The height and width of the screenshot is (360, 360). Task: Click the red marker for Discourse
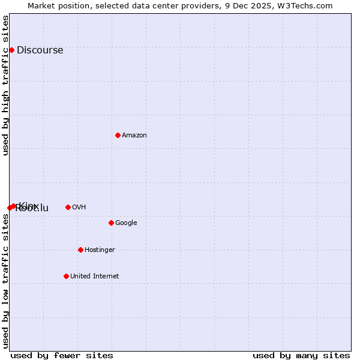tap(11, 50)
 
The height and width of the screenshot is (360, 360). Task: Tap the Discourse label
tap(40, 50)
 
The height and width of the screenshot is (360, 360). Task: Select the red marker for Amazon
tap(118, 135)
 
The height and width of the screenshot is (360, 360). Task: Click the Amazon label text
tap(134, 136)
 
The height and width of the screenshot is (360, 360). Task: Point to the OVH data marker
tap(68, 207)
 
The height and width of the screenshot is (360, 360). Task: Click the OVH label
tap(79, 208)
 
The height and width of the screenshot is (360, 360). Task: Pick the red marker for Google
tap(111, 223)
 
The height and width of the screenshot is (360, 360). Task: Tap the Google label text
tap(126, 223)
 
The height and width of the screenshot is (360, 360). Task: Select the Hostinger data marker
tap(80, 250)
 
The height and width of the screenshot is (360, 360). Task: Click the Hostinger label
tap(100, 250)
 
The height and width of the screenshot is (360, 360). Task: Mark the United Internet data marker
tap(66, 276)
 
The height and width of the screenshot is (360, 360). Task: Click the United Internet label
tap(94, 277)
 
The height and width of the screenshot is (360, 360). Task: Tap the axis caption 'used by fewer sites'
tap(62, 355)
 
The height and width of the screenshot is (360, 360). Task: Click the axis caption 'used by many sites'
tap(301, 355)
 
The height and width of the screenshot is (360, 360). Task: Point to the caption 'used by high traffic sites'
tap(6, 85)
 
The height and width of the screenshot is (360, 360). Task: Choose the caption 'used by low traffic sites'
tap(6, 281)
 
